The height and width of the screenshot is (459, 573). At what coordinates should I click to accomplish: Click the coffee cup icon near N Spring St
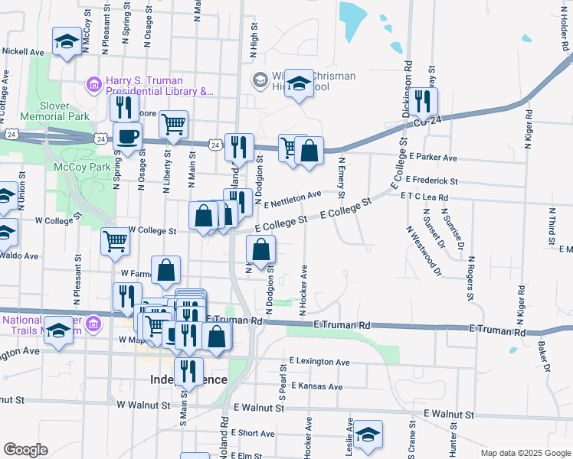127,137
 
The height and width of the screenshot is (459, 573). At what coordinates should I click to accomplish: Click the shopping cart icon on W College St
115,241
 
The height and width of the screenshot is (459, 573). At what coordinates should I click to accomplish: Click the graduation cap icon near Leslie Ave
368,434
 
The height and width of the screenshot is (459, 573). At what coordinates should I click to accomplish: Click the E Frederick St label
432,181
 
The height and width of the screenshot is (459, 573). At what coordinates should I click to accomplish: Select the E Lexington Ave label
319,362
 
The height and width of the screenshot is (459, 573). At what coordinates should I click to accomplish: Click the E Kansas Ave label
316,386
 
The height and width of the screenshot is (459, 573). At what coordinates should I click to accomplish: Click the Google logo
25,450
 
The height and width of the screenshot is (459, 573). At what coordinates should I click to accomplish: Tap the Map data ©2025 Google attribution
526,453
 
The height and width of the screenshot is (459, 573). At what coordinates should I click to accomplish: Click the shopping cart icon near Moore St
174,122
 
